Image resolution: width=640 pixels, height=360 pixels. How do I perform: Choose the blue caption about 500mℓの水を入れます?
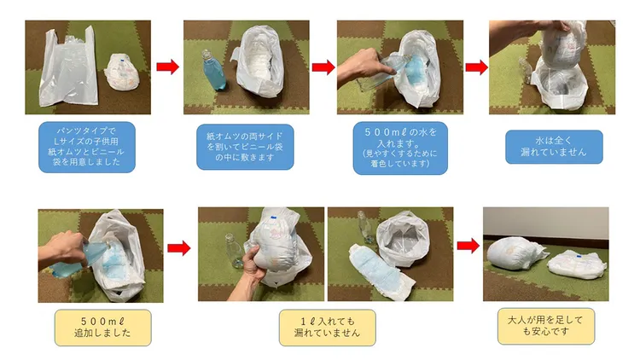[x=400, y=148]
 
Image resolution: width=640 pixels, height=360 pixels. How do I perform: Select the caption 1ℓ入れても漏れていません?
[x=326, y=326]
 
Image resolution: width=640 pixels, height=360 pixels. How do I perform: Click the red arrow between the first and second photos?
[x=168, y=67]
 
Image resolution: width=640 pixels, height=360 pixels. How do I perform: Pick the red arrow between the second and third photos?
[x=323, y=67]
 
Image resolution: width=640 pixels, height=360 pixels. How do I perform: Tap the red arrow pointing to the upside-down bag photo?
[x=476, y=67]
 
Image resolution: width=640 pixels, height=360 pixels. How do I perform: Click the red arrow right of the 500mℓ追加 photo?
[x=178, y=248]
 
